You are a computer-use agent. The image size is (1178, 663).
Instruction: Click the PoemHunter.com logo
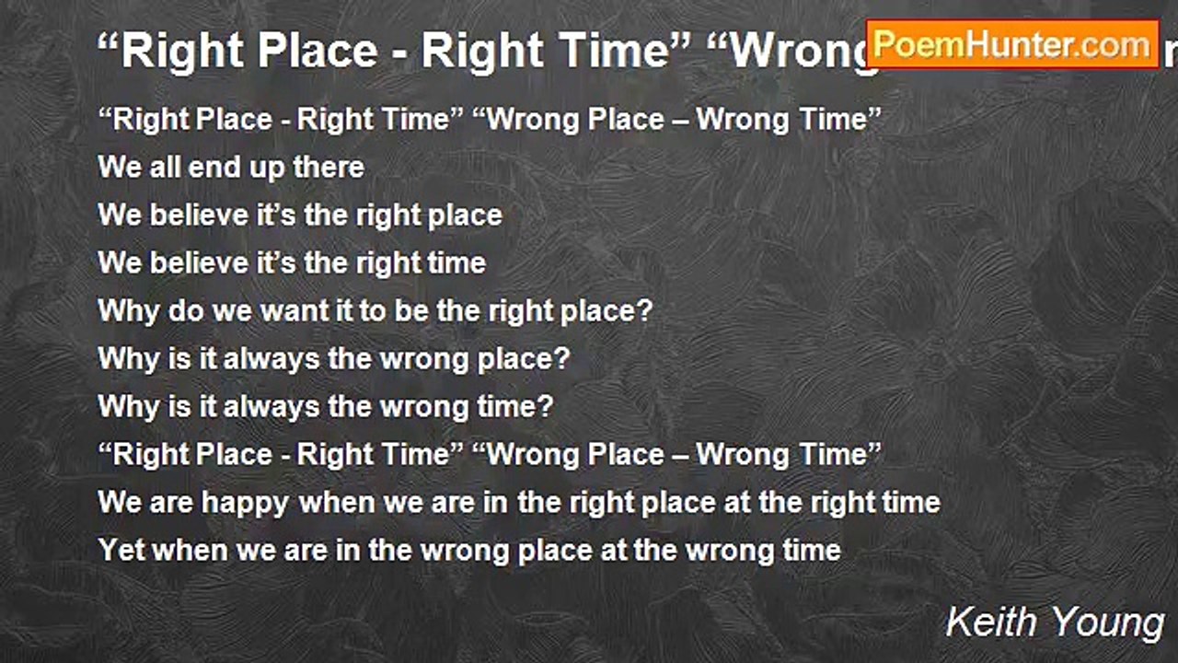coord(1012,44)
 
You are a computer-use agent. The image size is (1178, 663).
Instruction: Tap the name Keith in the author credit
coord(990,622)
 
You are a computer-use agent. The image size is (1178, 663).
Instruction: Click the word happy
coord(245,503)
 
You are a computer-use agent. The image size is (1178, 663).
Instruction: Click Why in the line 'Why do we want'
coord(129,310)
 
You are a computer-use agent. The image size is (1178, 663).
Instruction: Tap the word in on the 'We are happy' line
coord(492,503)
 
